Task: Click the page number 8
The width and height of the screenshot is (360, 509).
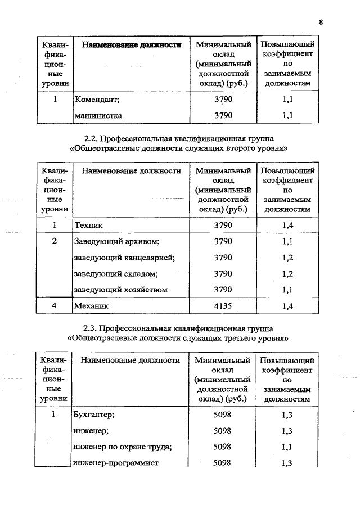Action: (321, 22)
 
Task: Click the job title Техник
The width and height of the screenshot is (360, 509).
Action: (88, 225)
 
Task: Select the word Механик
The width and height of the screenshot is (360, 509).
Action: (92, 306)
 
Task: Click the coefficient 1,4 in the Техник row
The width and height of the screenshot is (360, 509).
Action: (287, 225)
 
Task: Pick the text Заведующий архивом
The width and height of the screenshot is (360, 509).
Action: (117, 241)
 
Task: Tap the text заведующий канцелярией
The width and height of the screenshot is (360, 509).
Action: (124, 258)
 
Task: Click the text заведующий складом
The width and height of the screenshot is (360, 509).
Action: (115, 274)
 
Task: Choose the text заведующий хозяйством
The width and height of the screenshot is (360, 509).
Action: (121, 290)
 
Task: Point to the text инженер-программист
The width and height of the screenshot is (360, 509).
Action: (116, 463)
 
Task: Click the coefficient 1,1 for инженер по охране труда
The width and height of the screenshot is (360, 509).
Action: (287, 447)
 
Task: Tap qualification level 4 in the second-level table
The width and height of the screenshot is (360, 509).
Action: (55, 306)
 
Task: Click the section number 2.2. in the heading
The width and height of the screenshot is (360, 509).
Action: (91, 138)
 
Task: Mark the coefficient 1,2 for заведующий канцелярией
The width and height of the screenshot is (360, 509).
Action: (287, 258)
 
